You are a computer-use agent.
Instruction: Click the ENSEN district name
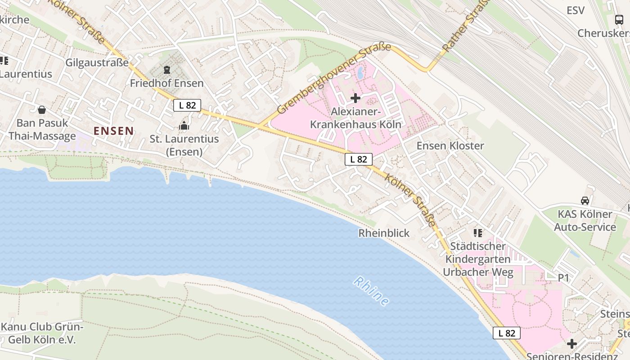coord(113,131)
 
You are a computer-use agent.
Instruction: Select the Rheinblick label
coord(384,233)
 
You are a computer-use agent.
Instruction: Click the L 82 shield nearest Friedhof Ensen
coord(187,105)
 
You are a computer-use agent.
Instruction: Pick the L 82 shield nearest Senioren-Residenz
coord(507,333)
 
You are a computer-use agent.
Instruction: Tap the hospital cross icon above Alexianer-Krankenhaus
coord(355,98)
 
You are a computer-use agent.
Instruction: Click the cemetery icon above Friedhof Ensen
coord(167,70)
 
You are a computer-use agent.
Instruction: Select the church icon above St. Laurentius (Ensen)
coord(184,126)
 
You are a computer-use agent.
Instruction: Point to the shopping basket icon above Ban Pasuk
coord(42,109)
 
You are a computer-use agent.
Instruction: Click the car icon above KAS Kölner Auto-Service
coord(585,201)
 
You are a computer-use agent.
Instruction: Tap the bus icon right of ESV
coord(619,19)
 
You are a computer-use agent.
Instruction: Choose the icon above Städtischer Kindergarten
coord(478,233)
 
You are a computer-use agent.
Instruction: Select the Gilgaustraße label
coord(97,63)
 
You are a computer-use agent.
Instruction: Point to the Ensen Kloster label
coord(450,145)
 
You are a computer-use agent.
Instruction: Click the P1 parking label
coord(564,278)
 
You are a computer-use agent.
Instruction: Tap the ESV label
coord(576,10)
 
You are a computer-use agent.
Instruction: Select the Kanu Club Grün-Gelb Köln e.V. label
coord(42,333)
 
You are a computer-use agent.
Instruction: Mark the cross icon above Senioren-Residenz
coord(572,344)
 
